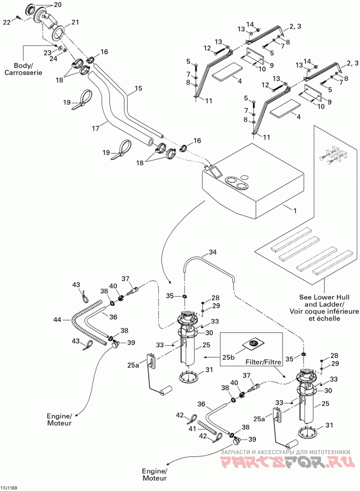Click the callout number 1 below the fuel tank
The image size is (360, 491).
click(294, 211)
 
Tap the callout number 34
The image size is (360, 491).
click(213, 252)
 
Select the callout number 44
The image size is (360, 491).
click(57, 320)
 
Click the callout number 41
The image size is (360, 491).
click(192, 428)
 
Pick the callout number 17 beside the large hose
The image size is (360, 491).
click(95, 128)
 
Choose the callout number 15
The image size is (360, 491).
click(139, 88)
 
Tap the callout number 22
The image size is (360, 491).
click(7, 22)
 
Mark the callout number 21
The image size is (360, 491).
click(75, 22)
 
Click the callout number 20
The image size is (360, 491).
click(58, 4)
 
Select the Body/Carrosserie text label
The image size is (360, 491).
click(23, 69)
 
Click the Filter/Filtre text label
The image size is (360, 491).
click(263, 362)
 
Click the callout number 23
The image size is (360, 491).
click(47, 53)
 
